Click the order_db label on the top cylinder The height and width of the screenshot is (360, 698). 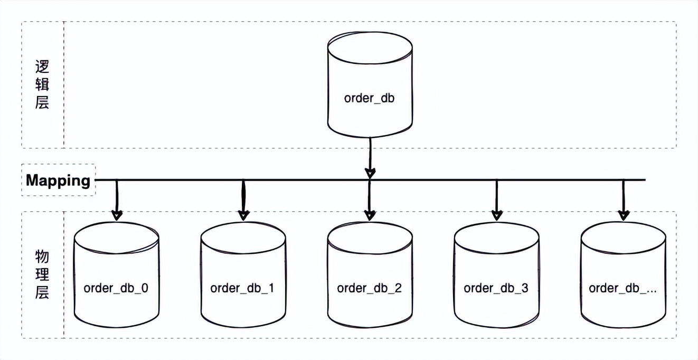369,98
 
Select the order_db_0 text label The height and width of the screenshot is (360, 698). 116,288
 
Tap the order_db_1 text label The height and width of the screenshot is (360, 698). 242,288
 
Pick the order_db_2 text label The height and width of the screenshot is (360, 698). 369,288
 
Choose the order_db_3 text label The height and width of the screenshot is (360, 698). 496,288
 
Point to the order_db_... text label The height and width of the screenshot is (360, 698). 622,288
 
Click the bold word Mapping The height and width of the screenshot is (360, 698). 58,181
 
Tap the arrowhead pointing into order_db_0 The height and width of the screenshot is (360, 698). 117,214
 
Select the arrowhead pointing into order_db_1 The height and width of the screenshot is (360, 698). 243,214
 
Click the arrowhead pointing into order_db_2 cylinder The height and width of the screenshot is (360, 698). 370,214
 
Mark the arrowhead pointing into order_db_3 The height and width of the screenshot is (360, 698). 497,214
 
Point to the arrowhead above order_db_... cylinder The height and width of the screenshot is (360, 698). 624,214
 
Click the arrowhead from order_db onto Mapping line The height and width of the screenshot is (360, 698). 370,173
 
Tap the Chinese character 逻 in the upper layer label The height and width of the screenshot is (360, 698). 42,67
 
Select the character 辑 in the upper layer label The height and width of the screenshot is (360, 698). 42,84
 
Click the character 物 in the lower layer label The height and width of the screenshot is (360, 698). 42,257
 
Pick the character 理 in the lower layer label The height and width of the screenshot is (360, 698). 42,274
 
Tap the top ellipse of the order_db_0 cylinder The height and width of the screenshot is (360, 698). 116,236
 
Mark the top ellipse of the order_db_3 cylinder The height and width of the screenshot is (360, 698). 496,236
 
